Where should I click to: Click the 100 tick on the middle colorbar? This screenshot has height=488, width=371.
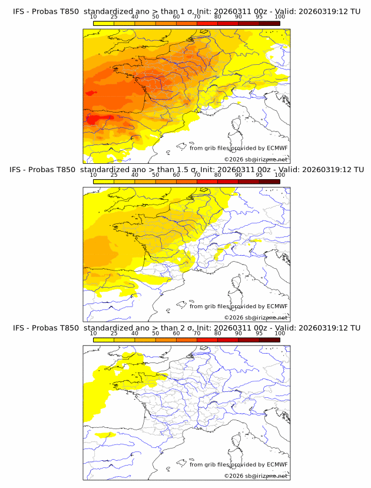tap(280, 181)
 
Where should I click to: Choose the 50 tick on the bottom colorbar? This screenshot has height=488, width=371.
tap(155, 339)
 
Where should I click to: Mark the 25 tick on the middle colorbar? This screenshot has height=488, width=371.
tap(114, 181)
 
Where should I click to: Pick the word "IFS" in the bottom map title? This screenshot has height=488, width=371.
tap(19, 328)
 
